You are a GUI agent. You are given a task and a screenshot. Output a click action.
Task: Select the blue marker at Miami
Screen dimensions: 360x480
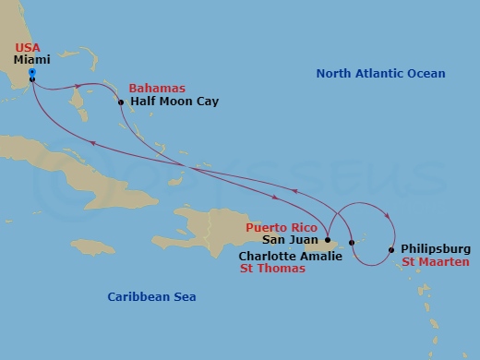click(x=31, y=72)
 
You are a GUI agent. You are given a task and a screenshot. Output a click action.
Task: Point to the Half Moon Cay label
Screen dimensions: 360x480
click(x=174, y=101)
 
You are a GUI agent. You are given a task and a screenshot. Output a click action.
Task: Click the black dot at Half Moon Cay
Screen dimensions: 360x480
click(x=121, y=102)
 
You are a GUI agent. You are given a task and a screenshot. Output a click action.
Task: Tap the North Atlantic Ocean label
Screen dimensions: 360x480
click(x=380, y=74)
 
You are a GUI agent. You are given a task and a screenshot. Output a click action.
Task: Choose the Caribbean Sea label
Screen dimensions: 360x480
click(x=151, y=296)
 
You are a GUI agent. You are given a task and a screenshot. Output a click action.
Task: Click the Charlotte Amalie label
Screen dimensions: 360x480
click(x=290, y=256)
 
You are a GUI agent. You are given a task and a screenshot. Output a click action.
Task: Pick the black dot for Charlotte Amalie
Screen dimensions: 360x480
click(x=352, y=243)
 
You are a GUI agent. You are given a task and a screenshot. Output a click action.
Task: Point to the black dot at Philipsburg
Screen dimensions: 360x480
click(x=391, y=249)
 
